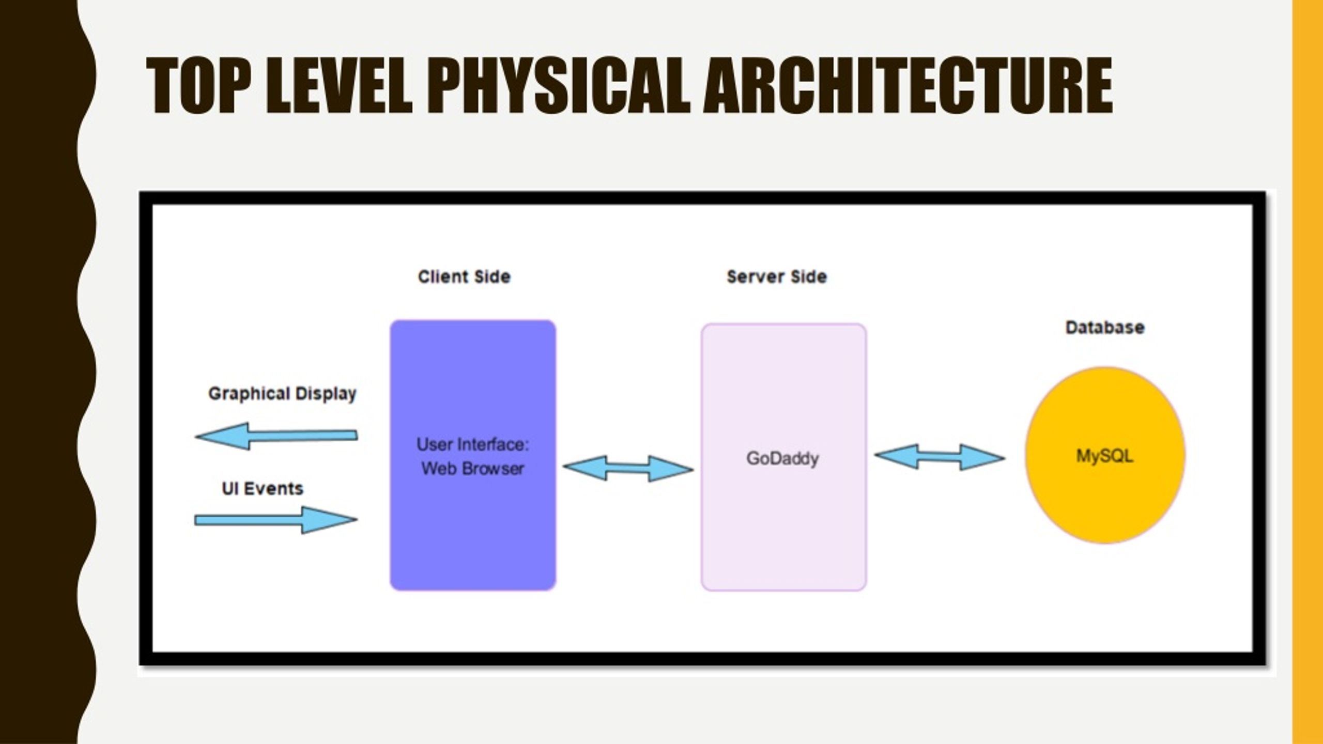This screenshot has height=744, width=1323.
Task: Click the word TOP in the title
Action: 199,85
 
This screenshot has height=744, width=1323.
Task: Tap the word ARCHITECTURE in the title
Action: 908,85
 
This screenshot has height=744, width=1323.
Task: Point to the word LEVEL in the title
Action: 339,85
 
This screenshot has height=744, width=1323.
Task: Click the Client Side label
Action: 464,277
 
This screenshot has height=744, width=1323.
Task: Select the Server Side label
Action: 777,277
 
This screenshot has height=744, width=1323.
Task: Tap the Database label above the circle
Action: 1105,328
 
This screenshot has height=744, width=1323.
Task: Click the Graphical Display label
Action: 282,394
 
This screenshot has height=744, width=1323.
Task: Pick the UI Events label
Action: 263,489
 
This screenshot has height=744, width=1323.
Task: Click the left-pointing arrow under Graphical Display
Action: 276,437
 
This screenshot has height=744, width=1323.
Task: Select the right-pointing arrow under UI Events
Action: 276,520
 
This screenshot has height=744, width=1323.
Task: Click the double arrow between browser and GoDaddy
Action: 628,469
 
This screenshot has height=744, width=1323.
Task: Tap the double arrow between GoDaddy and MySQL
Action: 940,457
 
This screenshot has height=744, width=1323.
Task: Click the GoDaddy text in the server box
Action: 782,459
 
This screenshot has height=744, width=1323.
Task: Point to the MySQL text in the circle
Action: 1105,456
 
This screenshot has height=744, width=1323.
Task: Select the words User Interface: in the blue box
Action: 473,444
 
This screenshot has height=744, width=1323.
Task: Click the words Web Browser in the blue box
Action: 473,469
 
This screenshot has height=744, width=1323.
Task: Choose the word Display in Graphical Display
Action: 326,394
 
